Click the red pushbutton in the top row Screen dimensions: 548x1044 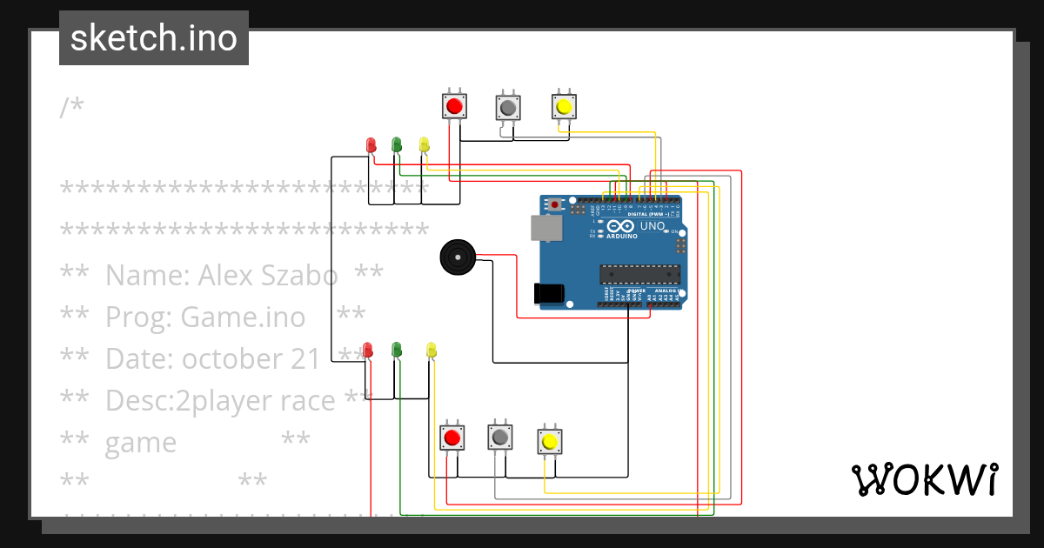pos(453,106)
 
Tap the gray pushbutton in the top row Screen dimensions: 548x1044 pos(508,107)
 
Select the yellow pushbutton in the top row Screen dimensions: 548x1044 pos(564,106)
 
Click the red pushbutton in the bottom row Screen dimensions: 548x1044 pos(452,437)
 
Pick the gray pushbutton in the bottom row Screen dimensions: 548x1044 pos(499,435)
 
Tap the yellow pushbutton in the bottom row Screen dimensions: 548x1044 pos(549,441)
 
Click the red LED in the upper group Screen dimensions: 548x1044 pos(371,144)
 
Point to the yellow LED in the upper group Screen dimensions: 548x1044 pos(424,144)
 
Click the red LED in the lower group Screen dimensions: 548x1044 pos(368,350)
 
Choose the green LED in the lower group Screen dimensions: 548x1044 pos(397,349)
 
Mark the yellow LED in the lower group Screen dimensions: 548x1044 pos(431,351)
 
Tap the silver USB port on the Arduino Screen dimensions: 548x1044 pos(546,227)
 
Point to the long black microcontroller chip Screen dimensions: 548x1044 pos(639,274)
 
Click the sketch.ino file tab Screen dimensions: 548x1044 pos(154,38)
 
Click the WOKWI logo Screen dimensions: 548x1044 pos(924,479)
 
